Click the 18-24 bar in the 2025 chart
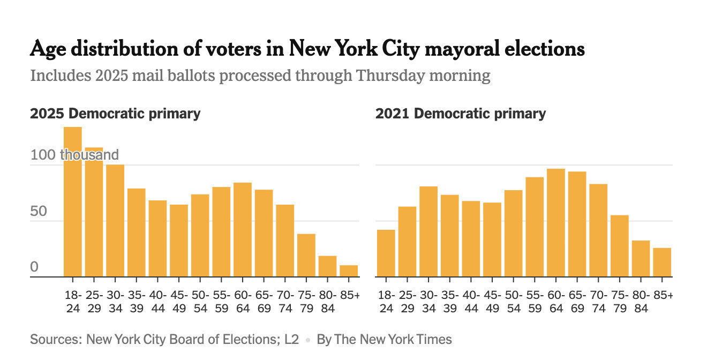[73, 202]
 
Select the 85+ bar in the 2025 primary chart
[349, 271]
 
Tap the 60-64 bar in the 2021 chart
[556, 223]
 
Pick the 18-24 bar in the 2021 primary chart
[386, 253]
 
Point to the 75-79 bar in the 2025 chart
[306, 255]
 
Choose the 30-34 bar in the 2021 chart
[428, 231]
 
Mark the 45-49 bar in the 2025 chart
[179, 241]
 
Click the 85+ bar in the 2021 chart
[662, 262]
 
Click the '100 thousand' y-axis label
[74, 155]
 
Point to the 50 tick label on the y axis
[39, 211]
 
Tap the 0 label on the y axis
[34, 267]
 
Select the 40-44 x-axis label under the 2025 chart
[158, 302]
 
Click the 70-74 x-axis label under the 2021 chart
[599, 302]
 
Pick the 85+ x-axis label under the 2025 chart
[350, 295]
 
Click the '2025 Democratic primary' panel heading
[115, 114]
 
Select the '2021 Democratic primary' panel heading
[461, 114]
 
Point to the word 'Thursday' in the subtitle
[390, 76]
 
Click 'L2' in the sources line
[291, 340]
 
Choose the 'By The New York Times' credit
[384, 340]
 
